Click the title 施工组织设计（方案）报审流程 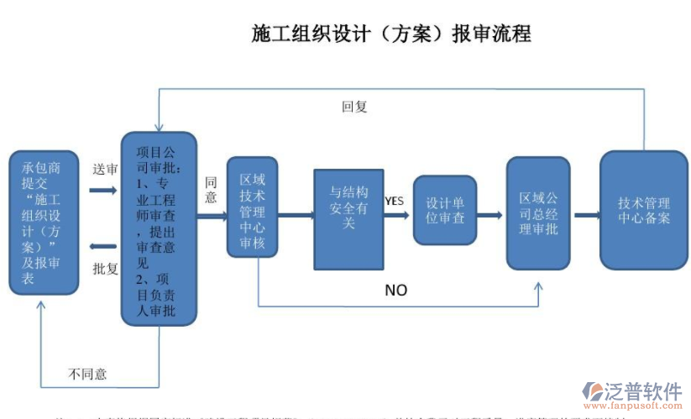click(x=391, y=34)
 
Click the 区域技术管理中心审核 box click(x=252, y=207)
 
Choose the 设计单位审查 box click(x=444, y=210)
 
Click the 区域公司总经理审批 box click(x=538, y=213)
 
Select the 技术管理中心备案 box click(x=643, y=209)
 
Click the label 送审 click(x=104, y=169)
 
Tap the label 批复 click(x=104, y=269)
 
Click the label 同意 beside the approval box click(x=211, y=190)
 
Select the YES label click(x=394, y=201)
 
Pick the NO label click(x=395, y=290)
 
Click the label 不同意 click(x=87, y=373)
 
